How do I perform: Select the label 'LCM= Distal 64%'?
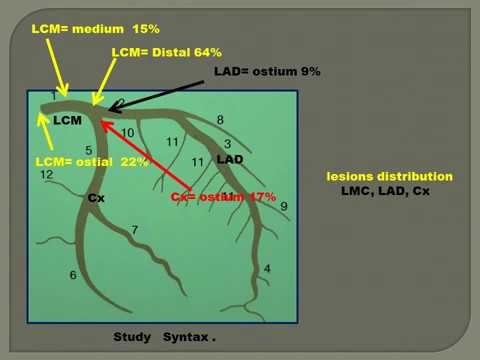pos(166,52)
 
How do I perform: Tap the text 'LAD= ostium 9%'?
pos(267,72)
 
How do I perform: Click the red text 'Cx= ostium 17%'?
pos(223,197)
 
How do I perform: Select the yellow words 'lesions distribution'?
pos(389,176)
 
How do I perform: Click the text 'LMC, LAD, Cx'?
pos(385,190)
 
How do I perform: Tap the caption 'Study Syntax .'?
pos(165,337)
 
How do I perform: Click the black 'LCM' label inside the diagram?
pos(67,120)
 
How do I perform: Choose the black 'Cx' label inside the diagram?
pos(96,198)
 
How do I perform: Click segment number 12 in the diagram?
pos(46,175)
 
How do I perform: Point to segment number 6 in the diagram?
pos(72,275)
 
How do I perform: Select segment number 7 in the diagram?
pos(135,231)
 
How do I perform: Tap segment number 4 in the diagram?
pos(266,268)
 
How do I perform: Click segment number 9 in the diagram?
pos(283,206)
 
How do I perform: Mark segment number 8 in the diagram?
pos(220,120)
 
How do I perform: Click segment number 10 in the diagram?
pos(127,133)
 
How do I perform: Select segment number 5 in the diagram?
pos(88,150)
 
